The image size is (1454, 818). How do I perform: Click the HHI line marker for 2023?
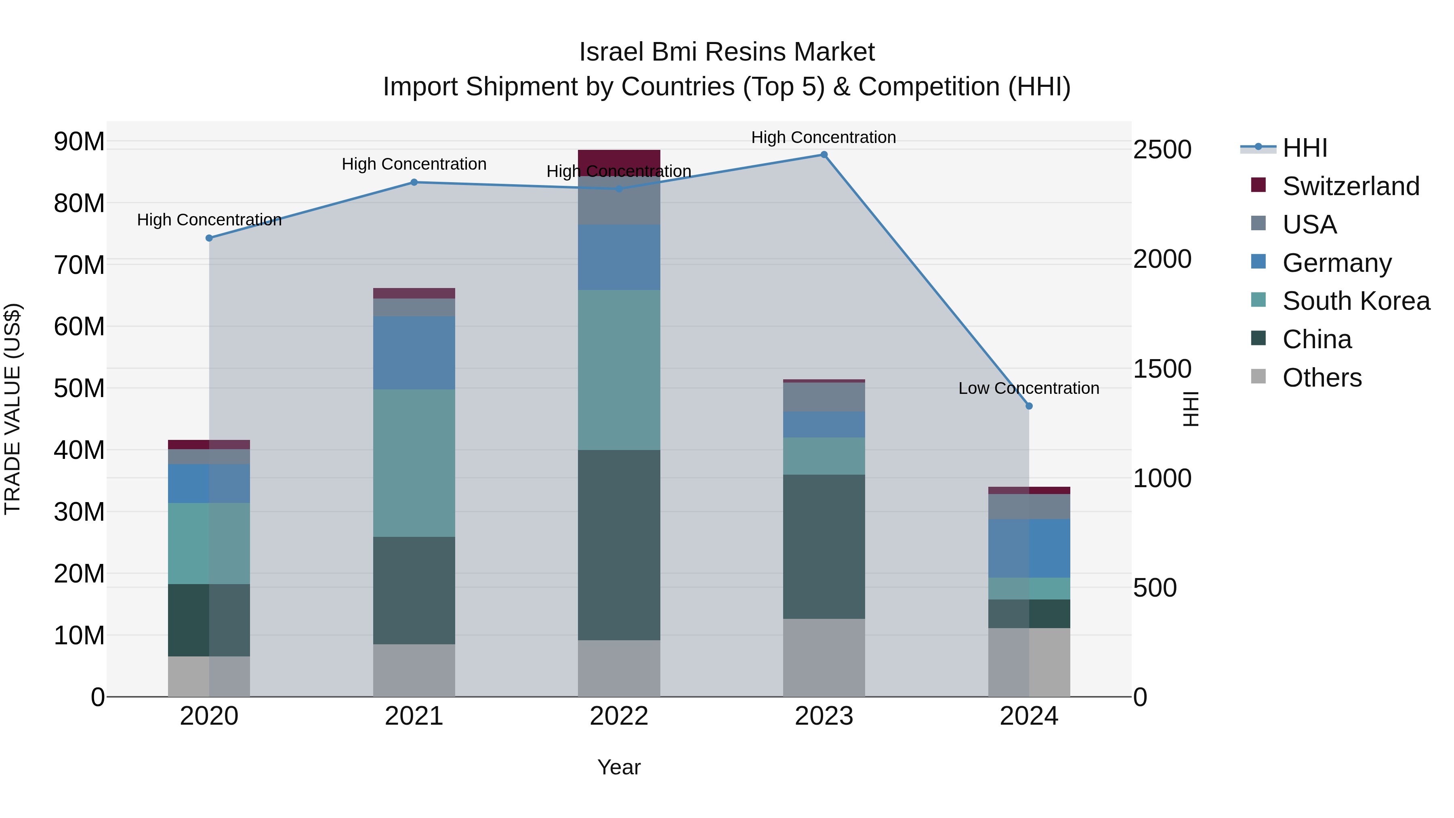coord(824,155)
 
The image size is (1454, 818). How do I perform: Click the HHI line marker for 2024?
coord(1028,406)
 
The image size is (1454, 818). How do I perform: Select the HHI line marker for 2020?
coord(209,238)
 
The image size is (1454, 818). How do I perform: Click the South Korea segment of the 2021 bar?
coord(414,463)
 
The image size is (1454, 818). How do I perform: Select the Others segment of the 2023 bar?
coord(824,657)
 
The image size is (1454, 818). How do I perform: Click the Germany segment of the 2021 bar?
coord(414,352)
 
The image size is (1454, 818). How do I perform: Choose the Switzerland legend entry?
coord(1350,186)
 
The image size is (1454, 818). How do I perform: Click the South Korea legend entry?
coord(1356,301)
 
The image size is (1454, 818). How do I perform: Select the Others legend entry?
coord(1322,378)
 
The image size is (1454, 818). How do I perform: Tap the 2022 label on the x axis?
coord(619,716)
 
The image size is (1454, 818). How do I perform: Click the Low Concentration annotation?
coord(1028,388)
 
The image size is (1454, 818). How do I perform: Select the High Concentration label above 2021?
coord(414,164)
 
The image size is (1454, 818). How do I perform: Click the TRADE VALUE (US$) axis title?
coord(13,409)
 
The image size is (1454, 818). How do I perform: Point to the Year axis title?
coord(619,767)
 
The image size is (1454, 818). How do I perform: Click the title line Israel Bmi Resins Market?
coord(727,52)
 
